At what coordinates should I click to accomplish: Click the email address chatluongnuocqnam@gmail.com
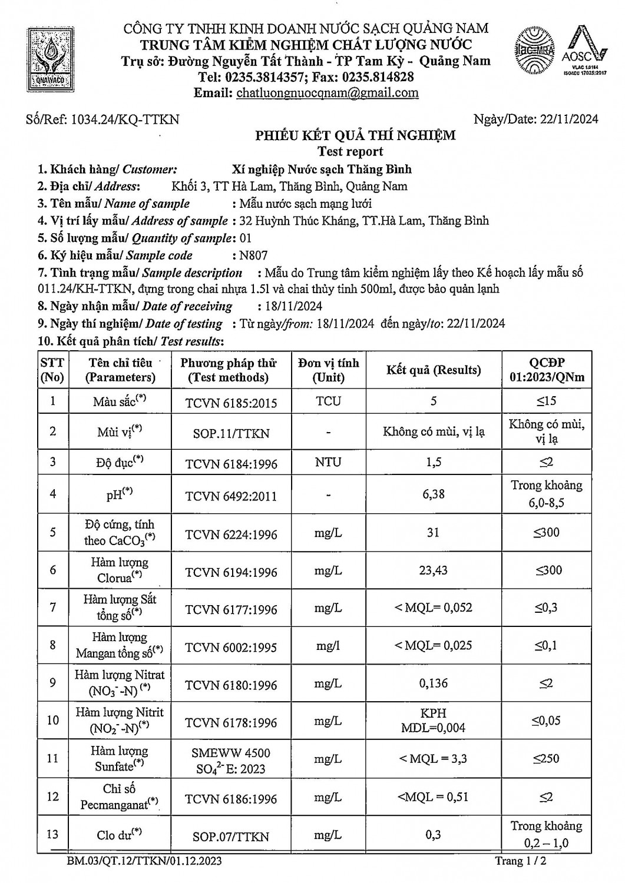point(328,93)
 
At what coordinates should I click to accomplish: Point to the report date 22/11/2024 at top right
point(568,119)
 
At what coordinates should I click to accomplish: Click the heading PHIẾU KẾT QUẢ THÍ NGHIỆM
point(355,136)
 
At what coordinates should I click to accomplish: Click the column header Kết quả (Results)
point(434,370)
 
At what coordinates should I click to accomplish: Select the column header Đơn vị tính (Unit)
point(328,370)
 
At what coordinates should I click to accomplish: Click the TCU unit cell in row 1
point(328,401)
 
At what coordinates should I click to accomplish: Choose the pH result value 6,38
point(434,494)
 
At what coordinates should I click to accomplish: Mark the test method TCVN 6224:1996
point(231,535)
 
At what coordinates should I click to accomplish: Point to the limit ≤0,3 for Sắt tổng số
point(546,608)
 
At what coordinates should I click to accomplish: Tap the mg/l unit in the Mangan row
point(328,646)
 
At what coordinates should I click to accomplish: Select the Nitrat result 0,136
point(434,683)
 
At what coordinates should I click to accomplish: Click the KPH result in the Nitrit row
point(434,713)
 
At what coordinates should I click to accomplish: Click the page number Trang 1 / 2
point(521,861)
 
